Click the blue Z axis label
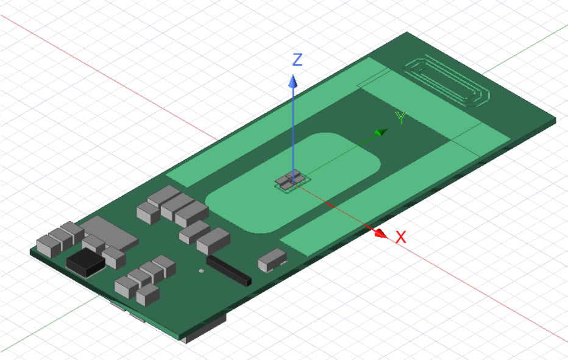(x=297, y=60)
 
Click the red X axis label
(x=401, y=237)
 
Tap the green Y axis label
(x=401, y=117)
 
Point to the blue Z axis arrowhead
(x=293, y=81)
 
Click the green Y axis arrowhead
(x=381, y=133)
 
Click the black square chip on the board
(x=86, y=263)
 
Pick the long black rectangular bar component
(x=229, y=271)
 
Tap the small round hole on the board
(x=201, y=270)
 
